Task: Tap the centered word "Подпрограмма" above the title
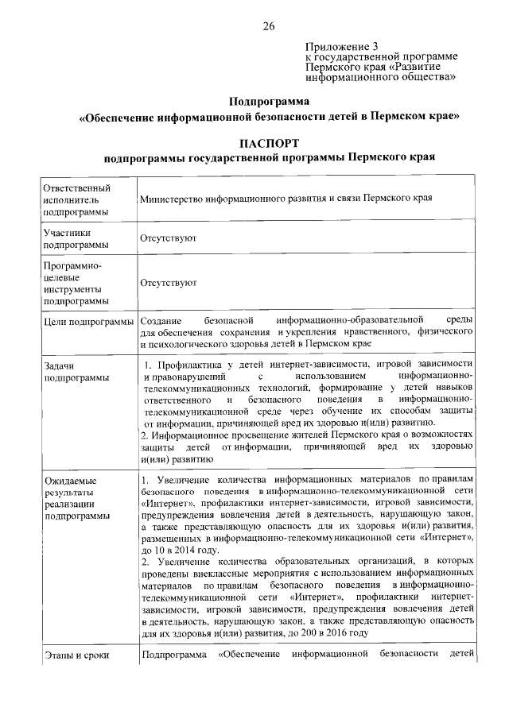(x=269, y=101)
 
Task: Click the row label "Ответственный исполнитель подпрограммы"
(x=76, y=199)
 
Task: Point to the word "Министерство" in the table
(x=172, y=199)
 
